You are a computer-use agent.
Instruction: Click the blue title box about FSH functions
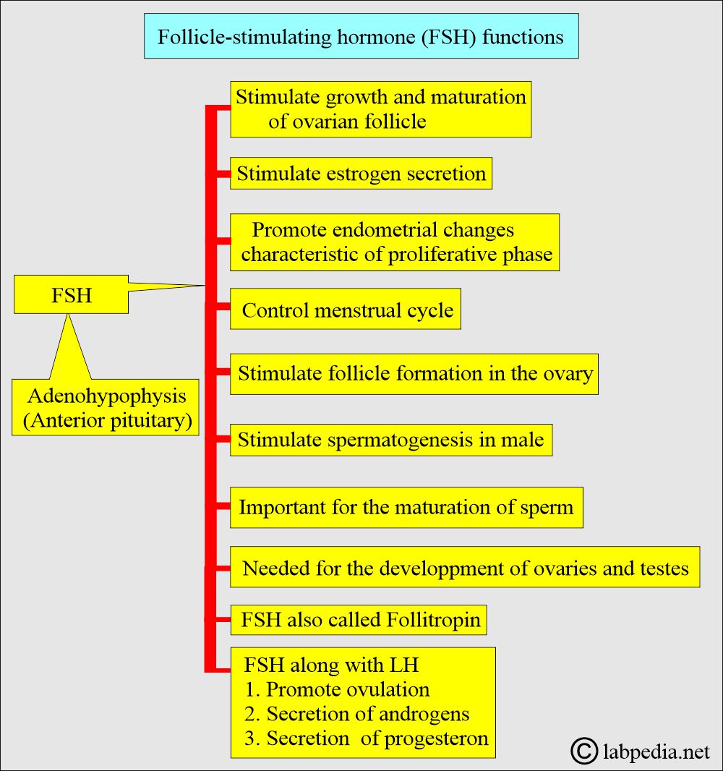pos(361,36)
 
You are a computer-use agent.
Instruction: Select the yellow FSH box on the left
pos(72,295)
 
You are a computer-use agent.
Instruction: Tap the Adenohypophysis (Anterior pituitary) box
pos(106,409)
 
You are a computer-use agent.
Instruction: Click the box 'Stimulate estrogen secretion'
pos(361,174)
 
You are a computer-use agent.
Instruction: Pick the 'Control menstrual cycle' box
pos(346,311)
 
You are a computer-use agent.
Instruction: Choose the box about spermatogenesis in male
pos(391,440)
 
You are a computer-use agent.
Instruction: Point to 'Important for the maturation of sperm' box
pos(406,507)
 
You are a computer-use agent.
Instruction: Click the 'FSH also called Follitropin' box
pos(359,621)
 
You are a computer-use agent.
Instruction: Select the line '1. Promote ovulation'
pos(337,689)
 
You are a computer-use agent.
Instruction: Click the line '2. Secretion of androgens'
pos(357,714)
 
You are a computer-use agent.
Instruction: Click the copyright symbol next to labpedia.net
pos(584,751)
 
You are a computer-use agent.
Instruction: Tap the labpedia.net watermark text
pos(656,752)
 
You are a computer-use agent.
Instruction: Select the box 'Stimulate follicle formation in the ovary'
pos(414,374)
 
